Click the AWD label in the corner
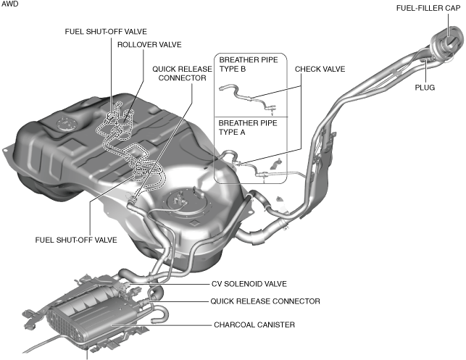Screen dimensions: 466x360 point(10,4)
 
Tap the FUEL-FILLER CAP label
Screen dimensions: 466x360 point(428,8)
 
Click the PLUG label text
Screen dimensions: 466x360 point(425,88)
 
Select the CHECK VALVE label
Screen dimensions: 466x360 point(320,70)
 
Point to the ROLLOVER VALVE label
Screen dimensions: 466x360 point(149,45)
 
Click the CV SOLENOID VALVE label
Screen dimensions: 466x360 point(249,284)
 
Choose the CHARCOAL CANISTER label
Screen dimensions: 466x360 point(254,325)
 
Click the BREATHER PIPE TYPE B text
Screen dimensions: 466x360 point(249,64)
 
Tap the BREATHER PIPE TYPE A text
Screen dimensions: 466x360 point(248,127)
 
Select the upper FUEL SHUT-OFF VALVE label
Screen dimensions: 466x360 point(106,32)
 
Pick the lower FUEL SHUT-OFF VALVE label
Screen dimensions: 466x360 point(76,240)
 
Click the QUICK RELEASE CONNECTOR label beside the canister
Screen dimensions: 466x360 point(265,301)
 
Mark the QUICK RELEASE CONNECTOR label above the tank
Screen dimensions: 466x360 point(182,74)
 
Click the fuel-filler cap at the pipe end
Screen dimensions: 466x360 point(448,41)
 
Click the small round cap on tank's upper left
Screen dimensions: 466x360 point(65,124)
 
